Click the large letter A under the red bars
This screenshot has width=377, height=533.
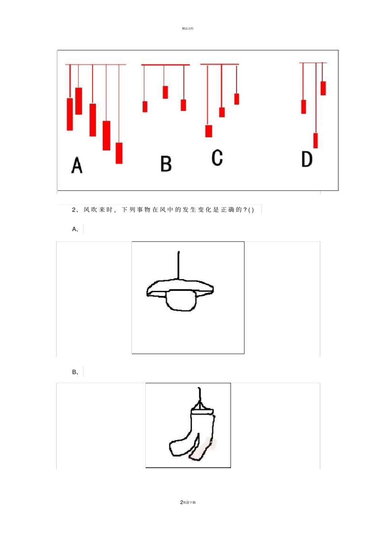point(77,165)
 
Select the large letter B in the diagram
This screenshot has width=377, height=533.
point(166,164)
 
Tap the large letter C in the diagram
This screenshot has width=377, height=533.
point(217,157)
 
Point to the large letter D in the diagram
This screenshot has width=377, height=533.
point(307,159)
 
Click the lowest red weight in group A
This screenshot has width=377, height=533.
point(119,153)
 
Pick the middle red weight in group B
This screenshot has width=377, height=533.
point(165,92)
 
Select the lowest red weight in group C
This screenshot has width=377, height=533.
point(209,131)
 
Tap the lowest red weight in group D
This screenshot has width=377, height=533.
point(315,141)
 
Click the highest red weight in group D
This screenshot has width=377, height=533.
point(323,88)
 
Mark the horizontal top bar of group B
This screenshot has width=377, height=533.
point(165,65)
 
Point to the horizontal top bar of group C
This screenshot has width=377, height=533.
point(219,64)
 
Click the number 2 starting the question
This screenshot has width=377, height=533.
point(74,210)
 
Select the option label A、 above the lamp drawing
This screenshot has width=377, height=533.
point(75,229)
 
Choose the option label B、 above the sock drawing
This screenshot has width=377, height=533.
point(75,372)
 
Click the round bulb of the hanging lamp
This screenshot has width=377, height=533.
point(181,300)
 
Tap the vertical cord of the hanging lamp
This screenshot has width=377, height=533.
point(179,265)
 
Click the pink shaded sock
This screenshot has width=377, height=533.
point(202,449)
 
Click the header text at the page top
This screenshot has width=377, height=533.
point(188,29)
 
